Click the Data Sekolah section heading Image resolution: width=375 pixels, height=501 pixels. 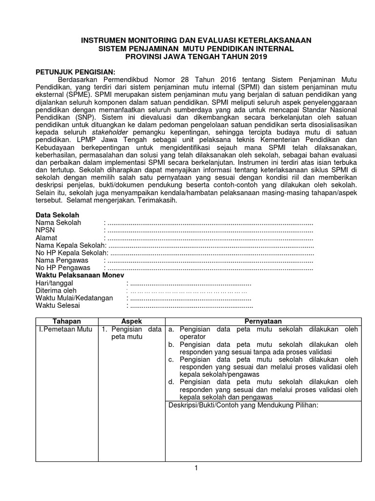[57, 215]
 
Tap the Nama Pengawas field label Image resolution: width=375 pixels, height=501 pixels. [59, 260]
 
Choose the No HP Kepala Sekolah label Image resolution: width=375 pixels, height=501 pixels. [71, 253]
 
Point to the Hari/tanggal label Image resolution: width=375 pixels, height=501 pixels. [55, 283]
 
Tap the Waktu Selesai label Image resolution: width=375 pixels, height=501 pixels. [58, 306]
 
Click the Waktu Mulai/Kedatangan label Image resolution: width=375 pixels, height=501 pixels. [74, 298]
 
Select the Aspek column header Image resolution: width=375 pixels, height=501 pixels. [131, 321]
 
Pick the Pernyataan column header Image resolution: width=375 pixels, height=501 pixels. [263, 321]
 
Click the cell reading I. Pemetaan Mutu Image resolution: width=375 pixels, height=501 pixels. [65, 329]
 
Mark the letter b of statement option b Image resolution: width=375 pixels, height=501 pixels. [171, 344]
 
